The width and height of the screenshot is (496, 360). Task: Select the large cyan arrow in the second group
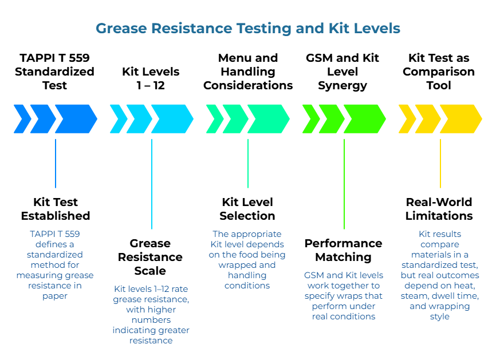coord(171,118)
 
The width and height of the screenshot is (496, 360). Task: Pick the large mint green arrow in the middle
coord(267,118)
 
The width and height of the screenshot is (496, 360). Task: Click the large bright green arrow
coord(363,118)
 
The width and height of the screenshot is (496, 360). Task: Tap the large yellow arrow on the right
coord(459,118)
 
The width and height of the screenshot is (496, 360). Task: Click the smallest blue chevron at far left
coord(22,118)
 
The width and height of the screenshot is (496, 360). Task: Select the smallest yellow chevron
coord(407,118)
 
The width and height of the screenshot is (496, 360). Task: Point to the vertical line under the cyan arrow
coord(152,183)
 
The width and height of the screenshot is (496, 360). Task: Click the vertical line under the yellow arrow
coord(440,163)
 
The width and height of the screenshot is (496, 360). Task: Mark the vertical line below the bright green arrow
coord(344,183)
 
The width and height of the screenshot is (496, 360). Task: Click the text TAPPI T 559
coord(55,234)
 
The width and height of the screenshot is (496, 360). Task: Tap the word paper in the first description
coord(55,295)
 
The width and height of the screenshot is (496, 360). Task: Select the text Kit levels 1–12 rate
coord(151,289)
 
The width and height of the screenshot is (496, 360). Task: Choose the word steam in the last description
coord(416,296)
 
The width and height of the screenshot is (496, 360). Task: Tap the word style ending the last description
coord(440,317)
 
